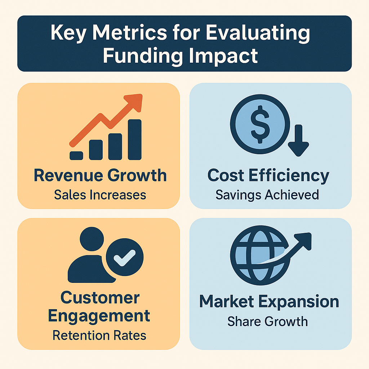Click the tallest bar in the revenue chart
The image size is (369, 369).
(x=134, y=139)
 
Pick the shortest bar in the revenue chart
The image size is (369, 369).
(x=76, y=155)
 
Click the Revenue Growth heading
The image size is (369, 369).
(x=100, y=176)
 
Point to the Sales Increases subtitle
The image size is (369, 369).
(x=100, y=195)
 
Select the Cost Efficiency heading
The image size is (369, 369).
(x=268, y=176)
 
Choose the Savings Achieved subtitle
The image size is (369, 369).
(x=267, y=195)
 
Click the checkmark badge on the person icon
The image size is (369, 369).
(x=125, y=256)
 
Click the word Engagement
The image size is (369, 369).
(x=99, y=316)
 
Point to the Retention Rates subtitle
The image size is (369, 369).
(x=99, y=335)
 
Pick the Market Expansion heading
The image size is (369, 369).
(x=269, y=302)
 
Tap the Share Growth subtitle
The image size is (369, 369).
(x=267, y=321)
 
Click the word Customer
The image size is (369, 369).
(x=100, y=298)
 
